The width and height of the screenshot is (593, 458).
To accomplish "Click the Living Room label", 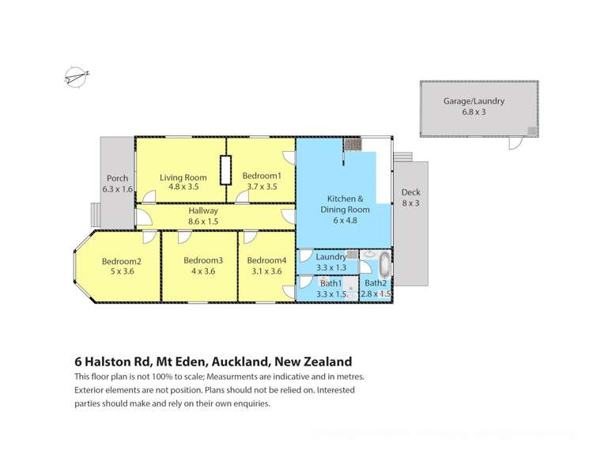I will point(183,177).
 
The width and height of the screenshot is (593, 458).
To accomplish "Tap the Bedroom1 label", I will point(262,176).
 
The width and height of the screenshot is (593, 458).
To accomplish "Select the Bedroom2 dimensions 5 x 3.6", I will point(121,271).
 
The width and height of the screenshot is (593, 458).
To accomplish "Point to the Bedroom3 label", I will point(202,260).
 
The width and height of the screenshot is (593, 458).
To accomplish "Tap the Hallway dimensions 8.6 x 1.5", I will point(202,221).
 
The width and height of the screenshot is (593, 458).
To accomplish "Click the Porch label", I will point(117,178).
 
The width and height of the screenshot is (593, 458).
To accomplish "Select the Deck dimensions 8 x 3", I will point(410,203).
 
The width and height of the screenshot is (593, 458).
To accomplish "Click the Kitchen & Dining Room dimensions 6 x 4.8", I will point(344,221).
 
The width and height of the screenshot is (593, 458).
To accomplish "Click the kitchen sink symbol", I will point(352,144).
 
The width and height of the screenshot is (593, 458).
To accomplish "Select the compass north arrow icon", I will point(76,78).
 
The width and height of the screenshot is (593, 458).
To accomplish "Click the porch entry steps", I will point(96,214).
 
